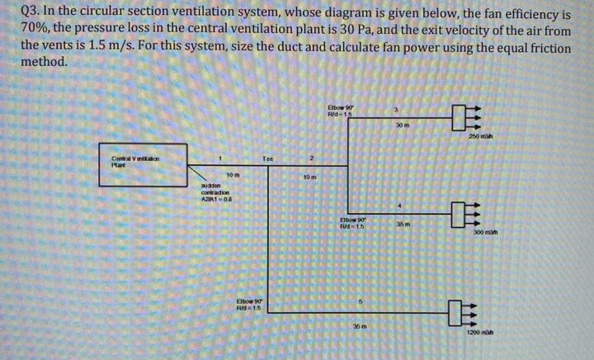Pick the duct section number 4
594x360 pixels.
(x=397, y=204)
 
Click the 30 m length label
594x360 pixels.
(x=402, y=125)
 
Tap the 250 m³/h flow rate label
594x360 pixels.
(x=480, y=135)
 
